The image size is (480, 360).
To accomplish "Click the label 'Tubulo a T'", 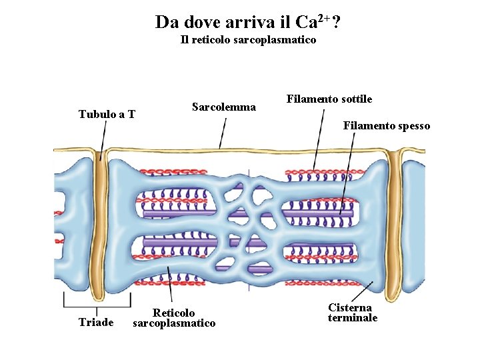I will coord(107,114).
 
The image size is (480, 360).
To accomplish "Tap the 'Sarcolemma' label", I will coord(223,107).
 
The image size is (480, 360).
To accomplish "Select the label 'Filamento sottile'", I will coord(329,99).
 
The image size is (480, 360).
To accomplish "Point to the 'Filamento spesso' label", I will coord(386,125).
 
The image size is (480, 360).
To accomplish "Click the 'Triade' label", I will coord(96,323).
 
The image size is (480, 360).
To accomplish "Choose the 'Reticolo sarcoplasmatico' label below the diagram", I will coord(174,318).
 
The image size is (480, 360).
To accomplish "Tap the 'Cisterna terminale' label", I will coord(352,313).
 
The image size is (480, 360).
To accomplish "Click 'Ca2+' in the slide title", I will coord(311,22).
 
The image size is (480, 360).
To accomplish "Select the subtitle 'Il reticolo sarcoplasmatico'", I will coord(248,40).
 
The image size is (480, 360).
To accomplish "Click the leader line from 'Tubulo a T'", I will coord(103,137).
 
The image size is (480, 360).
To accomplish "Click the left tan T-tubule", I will coord(100,220).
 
